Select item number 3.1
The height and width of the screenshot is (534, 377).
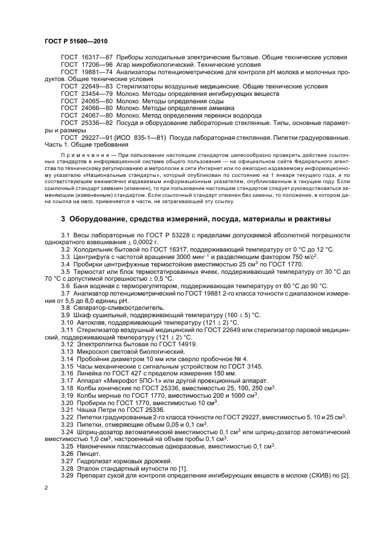[x=66, y=235]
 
